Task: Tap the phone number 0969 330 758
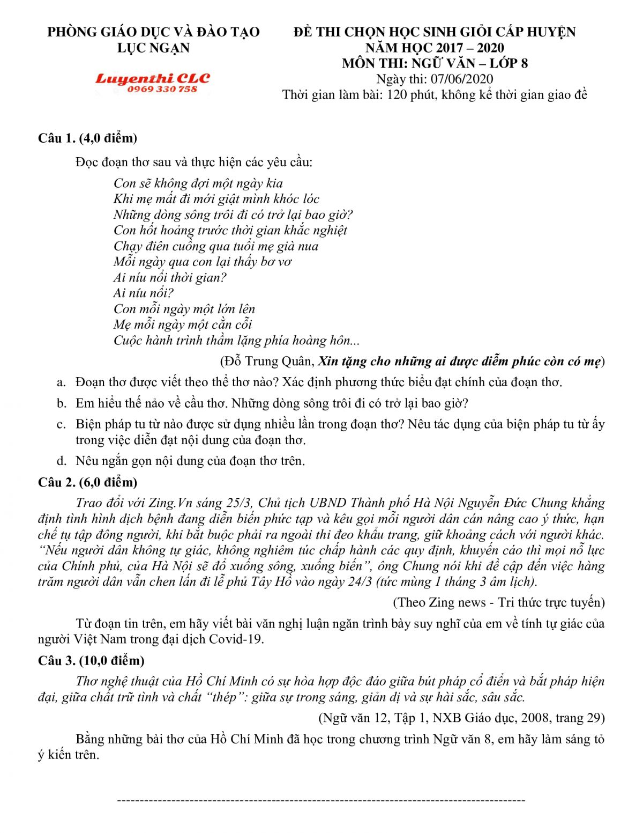162,89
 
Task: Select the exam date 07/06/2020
465,79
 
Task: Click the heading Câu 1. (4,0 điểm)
87,138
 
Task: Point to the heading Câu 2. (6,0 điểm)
87,482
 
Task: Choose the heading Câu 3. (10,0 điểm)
91,660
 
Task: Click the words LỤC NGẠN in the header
153,48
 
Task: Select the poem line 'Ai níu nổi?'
143,293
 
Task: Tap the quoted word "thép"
223,697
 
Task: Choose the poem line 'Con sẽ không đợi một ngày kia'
198,183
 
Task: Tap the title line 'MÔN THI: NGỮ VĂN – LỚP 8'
435,63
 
